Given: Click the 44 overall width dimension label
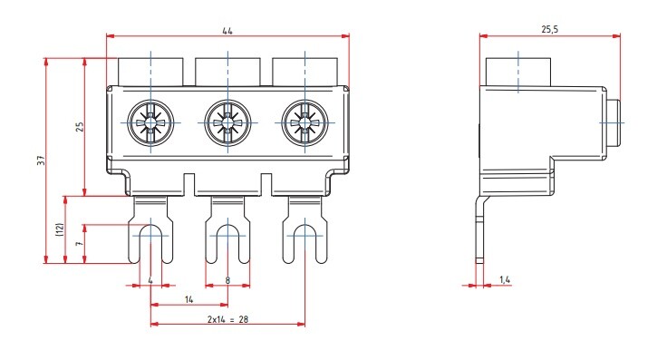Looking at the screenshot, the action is point(227,31).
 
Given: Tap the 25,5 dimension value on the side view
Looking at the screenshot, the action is point(549,29).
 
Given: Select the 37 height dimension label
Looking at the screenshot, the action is point(41,161).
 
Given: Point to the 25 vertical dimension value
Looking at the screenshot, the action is point(80,127).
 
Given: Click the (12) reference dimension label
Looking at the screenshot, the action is point(60,229).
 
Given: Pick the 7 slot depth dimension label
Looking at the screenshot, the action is point(79,243).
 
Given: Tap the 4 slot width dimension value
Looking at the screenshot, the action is point(150,280).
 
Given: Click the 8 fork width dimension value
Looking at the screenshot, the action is point(227,280).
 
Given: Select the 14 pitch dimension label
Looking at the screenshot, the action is point(188,299).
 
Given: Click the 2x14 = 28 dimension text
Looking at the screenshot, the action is point(227,319).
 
